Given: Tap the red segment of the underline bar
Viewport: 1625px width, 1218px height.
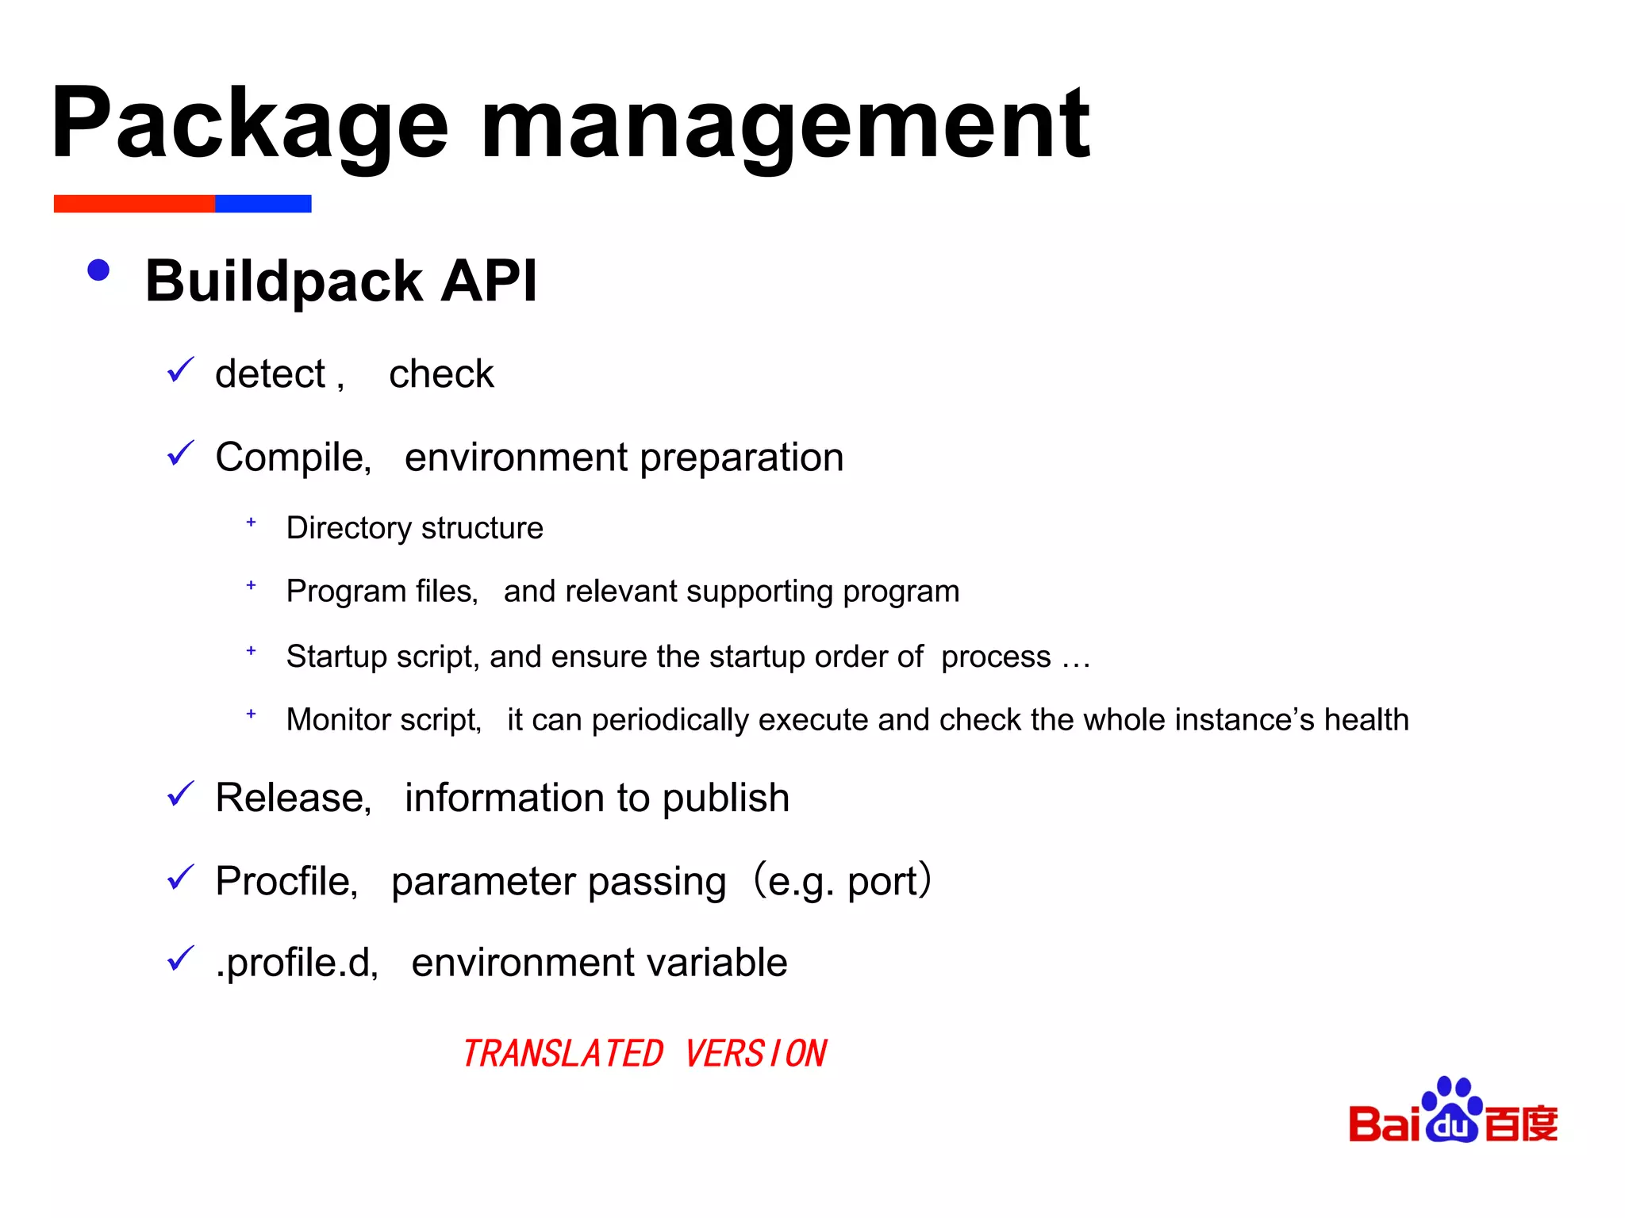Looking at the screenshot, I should pos(134,204).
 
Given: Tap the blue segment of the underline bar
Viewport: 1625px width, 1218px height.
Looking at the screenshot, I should pos(263,204).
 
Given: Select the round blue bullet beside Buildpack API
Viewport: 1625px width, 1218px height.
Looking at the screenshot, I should pos(98,271).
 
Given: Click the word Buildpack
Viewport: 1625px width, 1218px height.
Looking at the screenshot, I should pos(284,282).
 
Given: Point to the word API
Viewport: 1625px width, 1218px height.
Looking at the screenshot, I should pos(489,281).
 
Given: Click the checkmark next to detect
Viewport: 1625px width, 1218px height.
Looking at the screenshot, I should pos(181,370).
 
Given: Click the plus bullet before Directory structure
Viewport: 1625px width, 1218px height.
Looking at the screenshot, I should pos(251,523).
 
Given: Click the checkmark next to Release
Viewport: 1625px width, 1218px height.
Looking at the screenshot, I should pos(181,794).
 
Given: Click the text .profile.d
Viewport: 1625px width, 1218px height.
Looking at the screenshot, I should pos(297,963).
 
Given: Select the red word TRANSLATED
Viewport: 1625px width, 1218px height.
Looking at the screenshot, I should pos(563,1054).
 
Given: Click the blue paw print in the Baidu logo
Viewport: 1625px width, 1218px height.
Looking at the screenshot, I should pos(1451,1110).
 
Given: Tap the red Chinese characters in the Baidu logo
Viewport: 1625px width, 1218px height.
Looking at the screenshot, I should pos(1520,1123).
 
